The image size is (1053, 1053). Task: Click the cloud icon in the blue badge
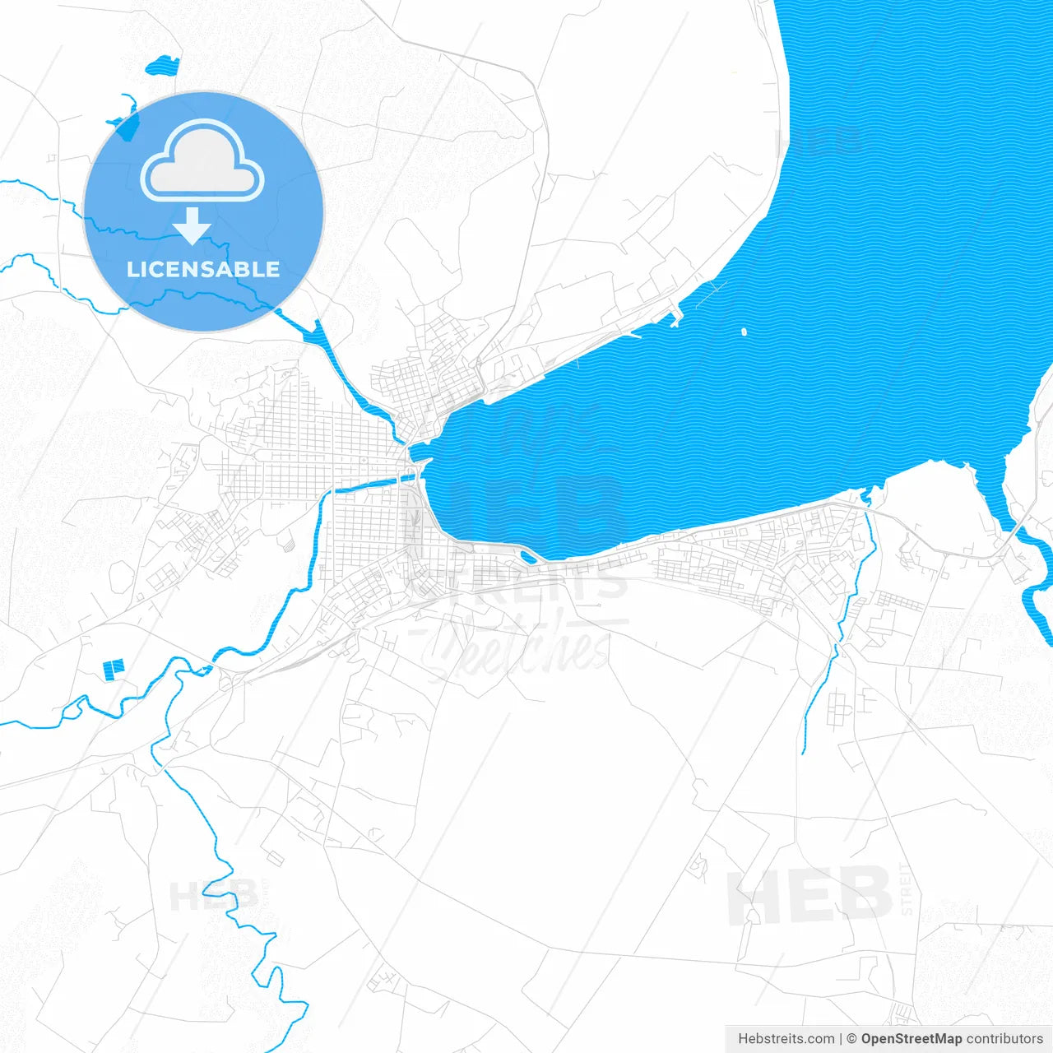click(202, 161)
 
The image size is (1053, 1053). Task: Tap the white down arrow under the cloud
click(193, 225)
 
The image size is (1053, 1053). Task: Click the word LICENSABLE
click(203, 269)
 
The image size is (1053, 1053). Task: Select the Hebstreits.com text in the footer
click(786, 1039)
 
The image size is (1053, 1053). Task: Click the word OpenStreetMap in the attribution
click(911, 1039)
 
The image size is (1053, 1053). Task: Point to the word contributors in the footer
click(1004, 1039)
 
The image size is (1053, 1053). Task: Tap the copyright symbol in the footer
click(852, 1039)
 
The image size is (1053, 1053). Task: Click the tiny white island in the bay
click(744, 332)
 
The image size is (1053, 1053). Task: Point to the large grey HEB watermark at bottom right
click(809, 895)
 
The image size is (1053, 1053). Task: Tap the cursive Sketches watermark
click(518, 646)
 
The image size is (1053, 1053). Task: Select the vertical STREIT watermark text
click(907, 888)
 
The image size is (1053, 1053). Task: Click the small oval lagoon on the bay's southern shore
click(528, 557)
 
